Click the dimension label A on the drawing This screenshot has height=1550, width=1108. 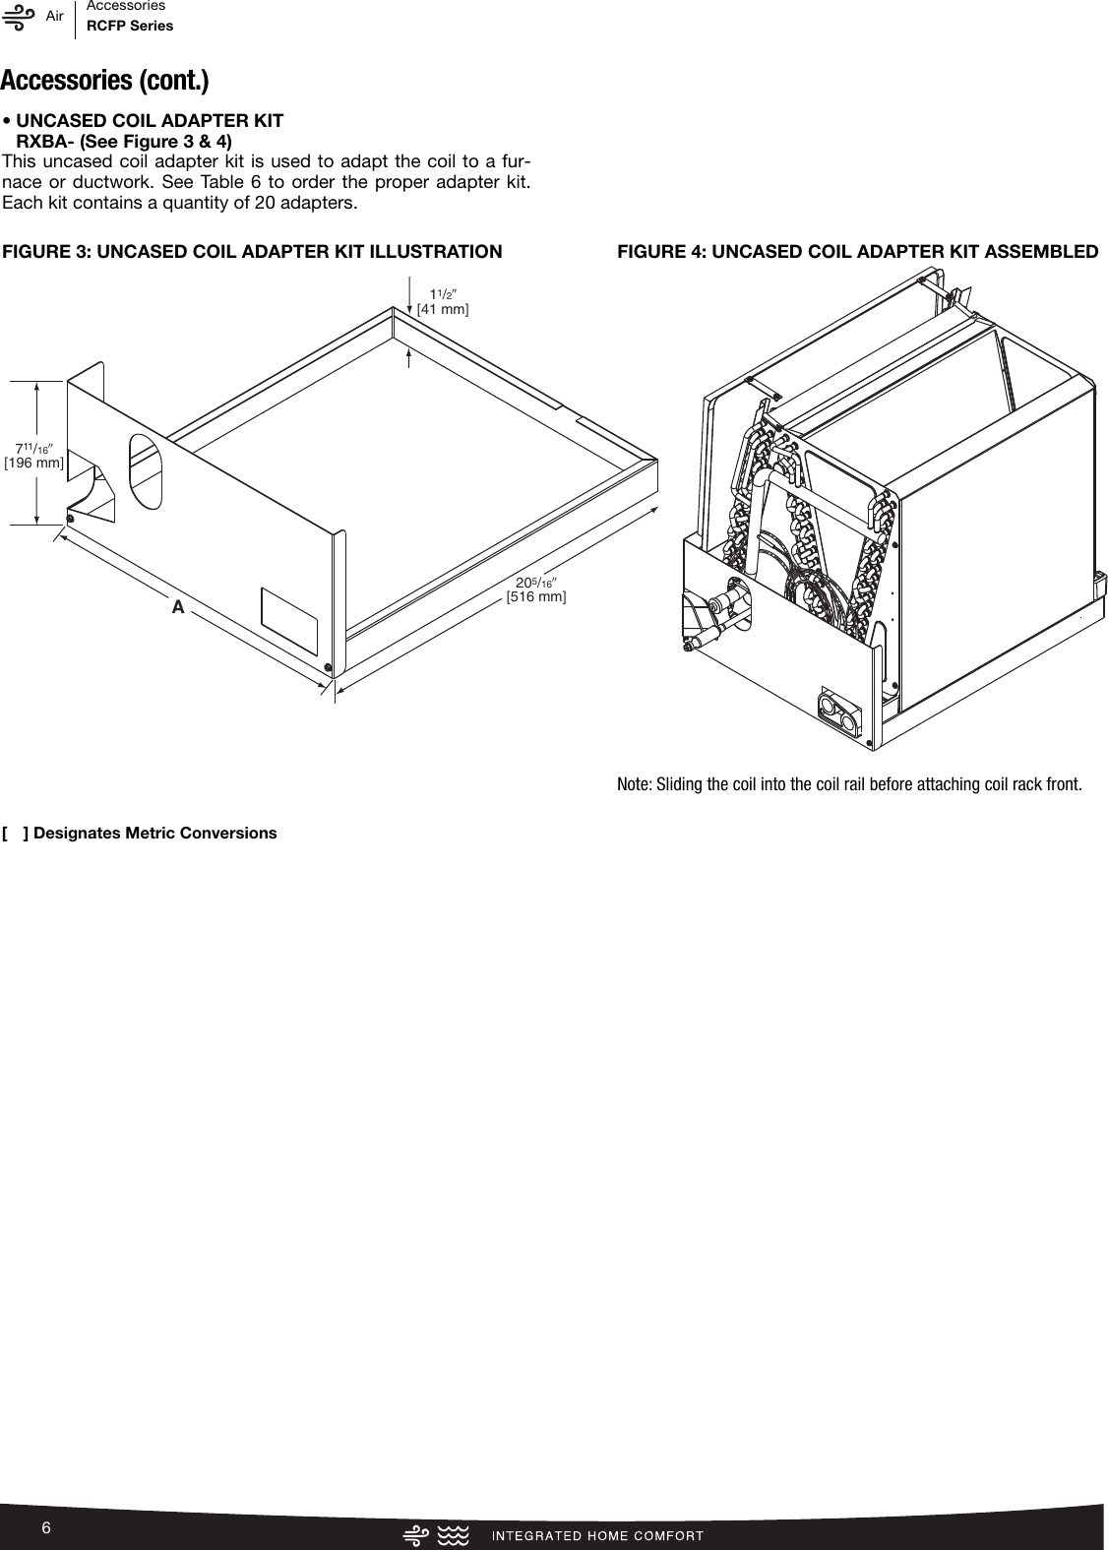tap(178, 607)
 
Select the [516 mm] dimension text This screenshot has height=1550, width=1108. tap(535, 596)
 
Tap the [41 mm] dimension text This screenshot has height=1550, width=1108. tap(443, 309)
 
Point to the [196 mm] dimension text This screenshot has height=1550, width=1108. tap(34, 462)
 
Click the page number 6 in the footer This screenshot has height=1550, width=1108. tap(45, 1526)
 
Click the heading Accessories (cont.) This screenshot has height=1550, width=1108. tap(104, 79)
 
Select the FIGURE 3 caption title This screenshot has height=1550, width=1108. tap(252, 251)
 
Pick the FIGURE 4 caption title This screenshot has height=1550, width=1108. tap(857, 251)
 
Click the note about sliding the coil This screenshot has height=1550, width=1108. tap(848, 784)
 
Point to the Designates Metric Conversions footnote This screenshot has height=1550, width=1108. tap(140, 833)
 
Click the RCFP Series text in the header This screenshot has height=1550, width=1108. tap(130, 26)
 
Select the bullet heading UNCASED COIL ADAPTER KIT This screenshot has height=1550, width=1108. tap(150, 120)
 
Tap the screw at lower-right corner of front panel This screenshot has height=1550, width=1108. tap(326, 667)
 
